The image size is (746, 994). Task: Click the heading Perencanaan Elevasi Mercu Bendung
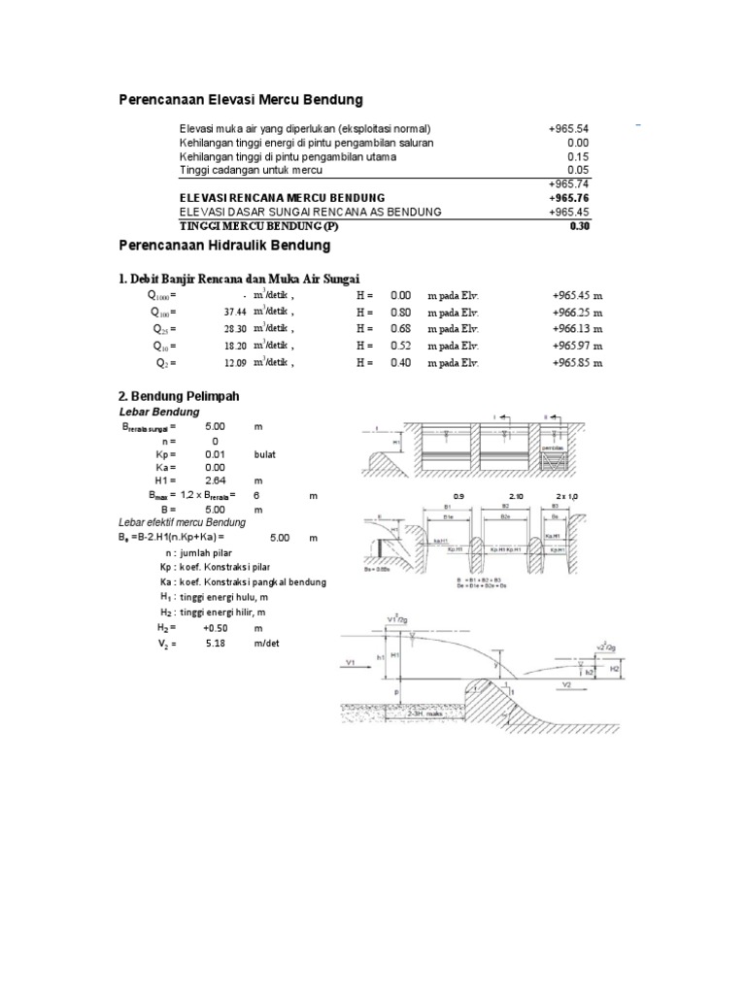tap(240, 99)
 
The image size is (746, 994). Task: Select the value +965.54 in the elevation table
tap(569, 128)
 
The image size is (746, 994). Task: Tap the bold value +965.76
tap(569, 197)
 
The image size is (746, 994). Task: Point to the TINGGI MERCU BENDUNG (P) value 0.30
tap(580, 225)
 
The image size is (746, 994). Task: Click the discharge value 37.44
tap(238, 313)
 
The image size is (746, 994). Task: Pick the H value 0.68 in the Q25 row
tap(400, 329)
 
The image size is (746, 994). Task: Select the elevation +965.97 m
tap(577, 346)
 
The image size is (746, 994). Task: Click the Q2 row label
tap(167, 362)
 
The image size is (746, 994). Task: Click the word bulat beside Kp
tap(265, 453)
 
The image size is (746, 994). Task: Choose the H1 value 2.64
tap(216, 480)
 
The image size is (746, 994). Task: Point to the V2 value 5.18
tap(216, 644)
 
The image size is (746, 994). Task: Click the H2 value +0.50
tap(215, 629)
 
